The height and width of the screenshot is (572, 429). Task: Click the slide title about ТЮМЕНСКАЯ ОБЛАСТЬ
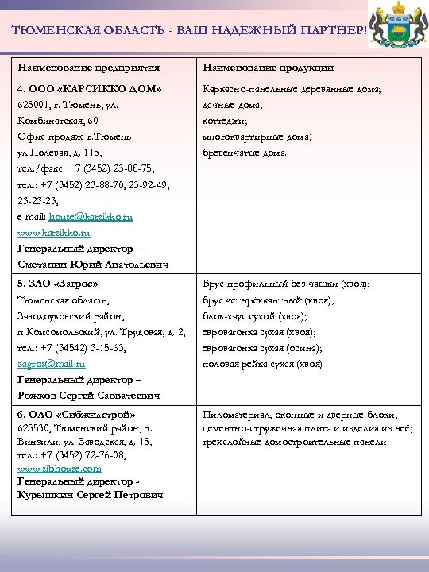click(x=191, y=30)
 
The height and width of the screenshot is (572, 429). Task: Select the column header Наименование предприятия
click(x=89, y=68)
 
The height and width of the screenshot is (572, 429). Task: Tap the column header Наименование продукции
click(x=269, y=68)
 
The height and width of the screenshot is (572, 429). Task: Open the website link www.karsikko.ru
click(x=54, y=233)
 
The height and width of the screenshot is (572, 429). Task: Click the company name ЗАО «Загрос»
click(x=65, y=284)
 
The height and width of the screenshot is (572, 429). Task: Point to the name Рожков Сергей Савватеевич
click(x=89, y=395)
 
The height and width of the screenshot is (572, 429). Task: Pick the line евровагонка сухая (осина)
click(x=263, y=348)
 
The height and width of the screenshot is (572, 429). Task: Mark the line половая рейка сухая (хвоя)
click(x=263, y=364)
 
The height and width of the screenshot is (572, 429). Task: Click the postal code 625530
click(x=34, y=427)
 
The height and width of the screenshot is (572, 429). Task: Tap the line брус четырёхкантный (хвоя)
click(x=269, y=300)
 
